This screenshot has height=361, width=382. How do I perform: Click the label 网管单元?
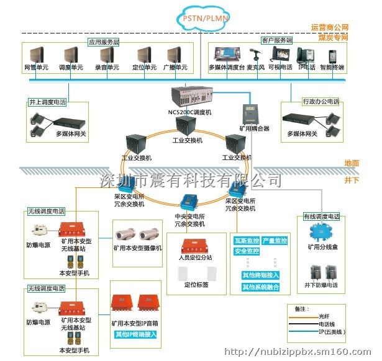[36, 67]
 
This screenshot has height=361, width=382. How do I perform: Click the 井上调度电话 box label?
[46, 101]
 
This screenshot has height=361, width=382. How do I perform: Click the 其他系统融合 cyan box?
[261, 287]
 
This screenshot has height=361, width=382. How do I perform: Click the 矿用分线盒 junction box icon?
[322, 232]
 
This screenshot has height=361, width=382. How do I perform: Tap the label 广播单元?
[176, 67]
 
